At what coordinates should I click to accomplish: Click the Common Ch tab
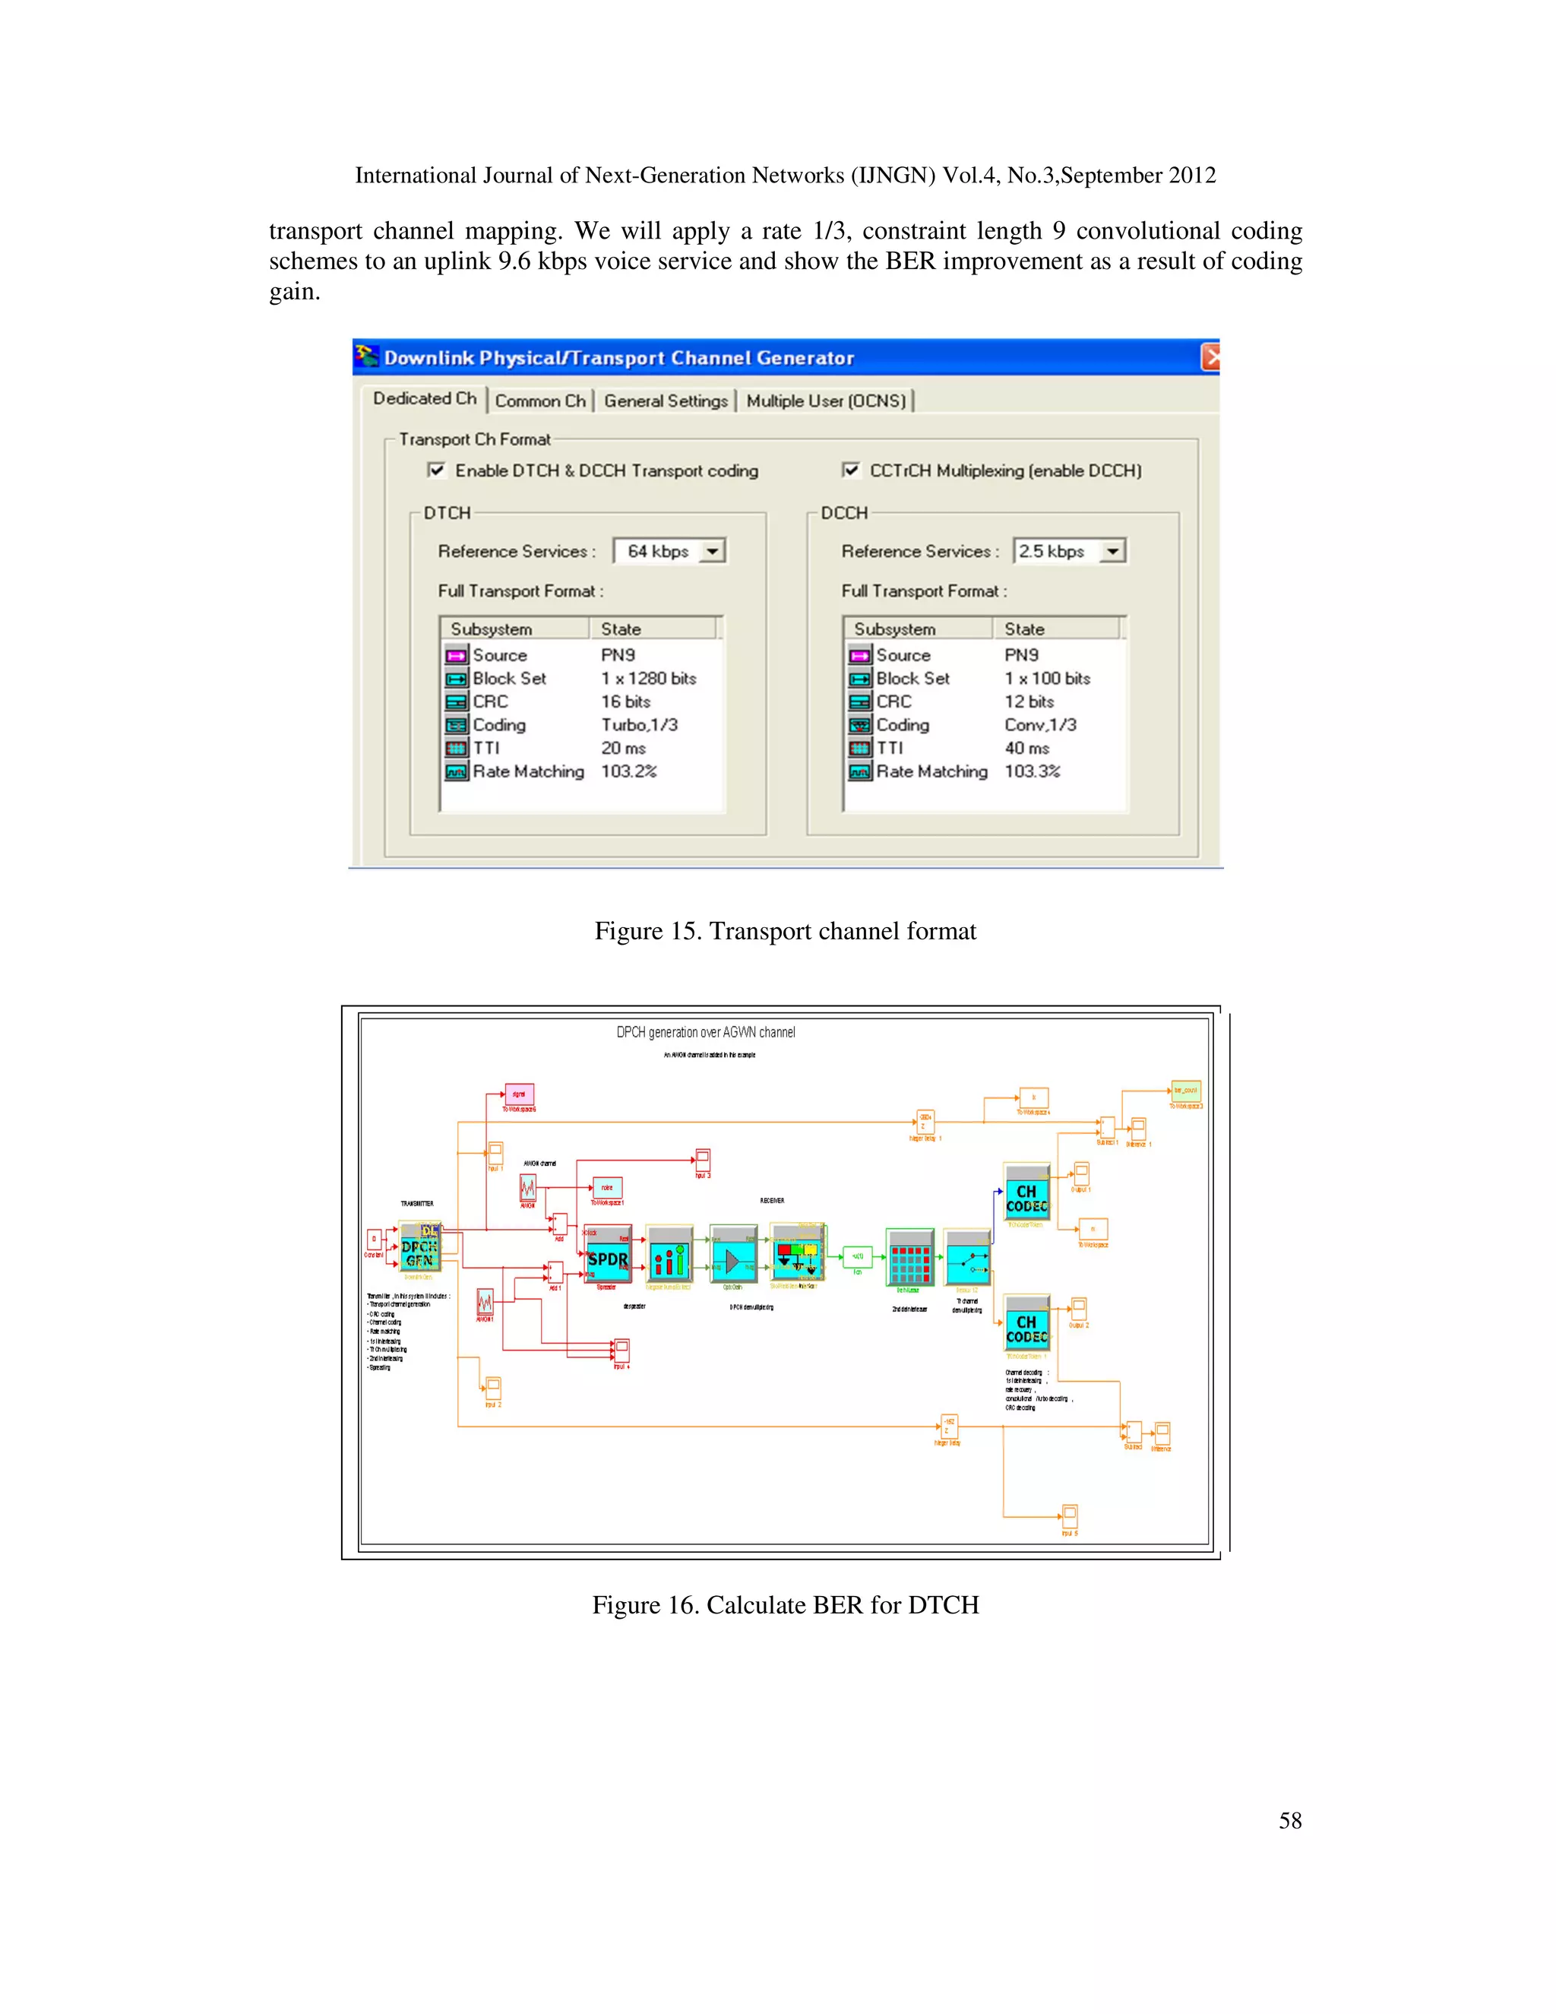click(540, 401)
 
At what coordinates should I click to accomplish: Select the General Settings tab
click(666, 401)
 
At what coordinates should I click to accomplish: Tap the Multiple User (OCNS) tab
click(826, 401)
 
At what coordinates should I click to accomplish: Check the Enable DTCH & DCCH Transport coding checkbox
click(437, 470)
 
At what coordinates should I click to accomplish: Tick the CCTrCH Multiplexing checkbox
click(851, 470)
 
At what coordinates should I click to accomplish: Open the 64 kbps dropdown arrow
click(713, 552)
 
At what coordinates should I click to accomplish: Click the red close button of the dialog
click(1210, 358)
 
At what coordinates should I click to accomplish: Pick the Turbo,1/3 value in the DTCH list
click(639, 725)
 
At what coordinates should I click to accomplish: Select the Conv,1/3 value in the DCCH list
click(1040, 725)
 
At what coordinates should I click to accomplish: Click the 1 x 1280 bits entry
click(648, 679)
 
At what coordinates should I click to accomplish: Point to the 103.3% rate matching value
click(1032, 771)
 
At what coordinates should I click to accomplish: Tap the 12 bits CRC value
click(1029, 701)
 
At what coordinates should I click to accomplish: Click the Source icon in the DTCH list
click(457, 656)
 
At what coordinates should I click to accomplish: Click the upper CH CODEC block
click(1026, 1195)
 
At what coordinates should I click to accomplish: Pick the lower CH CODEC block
click(1026, 1326)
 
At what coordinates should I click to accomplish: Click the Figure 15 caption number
click(683, 932)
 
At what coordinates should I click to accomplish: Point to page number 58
click(1289, 1820)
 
